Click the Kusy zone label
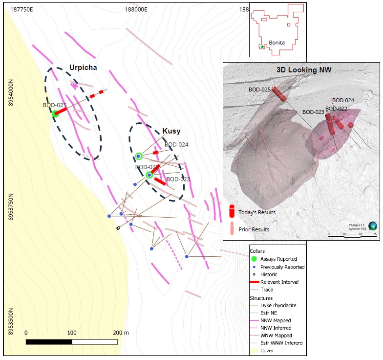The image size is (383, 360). click(171, 131)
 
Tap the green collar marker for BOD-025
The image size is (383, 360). click(55, 114)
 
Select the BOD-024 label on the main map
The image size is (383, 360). click(176, 145)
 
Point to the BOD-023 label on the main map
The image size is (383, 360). click(178, 180)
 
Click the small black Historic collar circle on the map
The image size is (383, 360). click(118, 228)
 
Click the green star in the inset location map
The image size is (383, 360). click(262, 47)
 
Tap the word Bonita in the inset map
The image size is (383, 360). click(277, 43)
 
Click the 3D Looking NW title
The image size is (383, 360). click(304, 70)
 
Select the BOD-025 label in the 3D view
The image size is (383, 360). click(259, 90)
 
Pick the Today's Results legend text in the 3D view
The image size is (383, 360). click(257, 212)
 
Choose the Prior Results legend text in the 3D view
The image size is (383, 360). click(254, 229)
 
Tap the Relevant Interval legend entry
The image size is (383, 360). click(280, 282)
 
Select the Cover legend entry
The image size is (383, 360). click(268, 350)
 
